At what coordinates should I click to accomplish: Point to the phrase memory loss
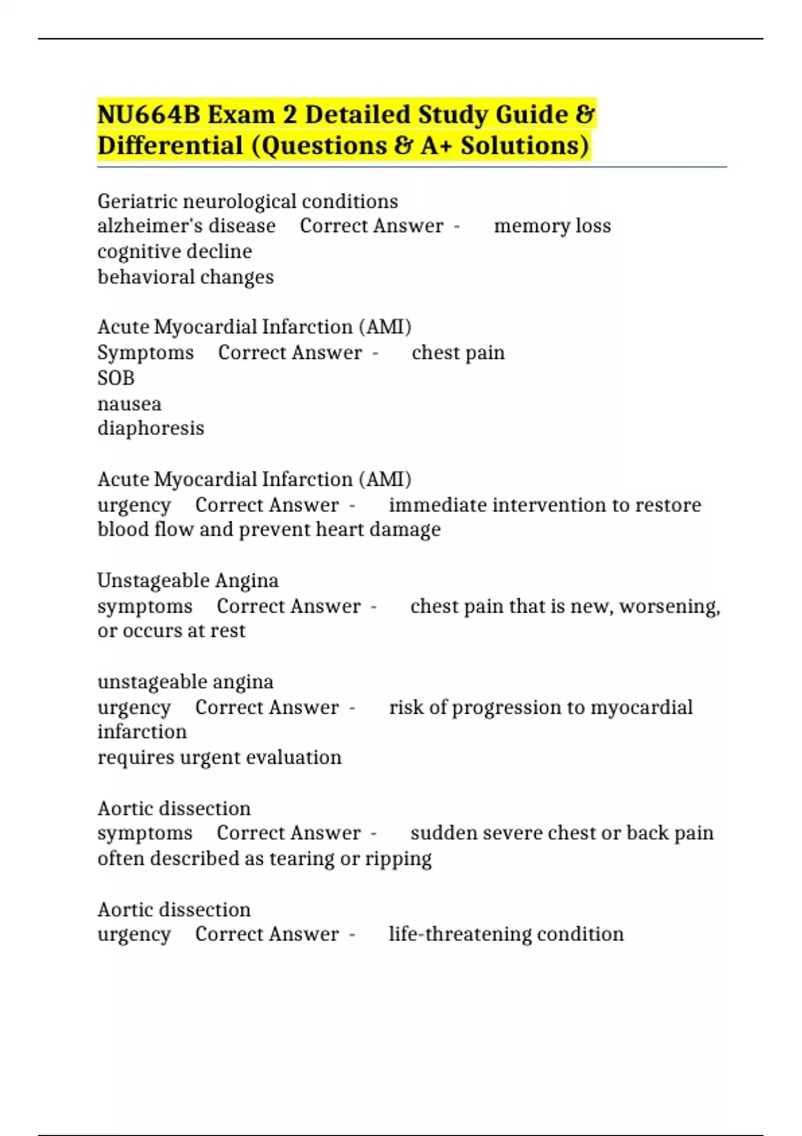552,226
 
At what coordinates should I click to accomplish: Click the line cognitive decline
174,251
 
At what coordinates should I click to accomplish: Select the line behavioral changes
185,277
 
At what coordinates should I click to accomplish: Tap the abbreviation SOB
116,378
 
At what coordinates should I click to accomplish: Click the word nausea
129,404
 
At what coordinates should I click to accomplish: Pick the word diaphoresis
150,428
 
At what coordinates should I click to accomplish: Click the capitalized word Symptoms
145,353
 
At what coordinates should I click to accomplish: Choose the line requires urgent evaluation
219,758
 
